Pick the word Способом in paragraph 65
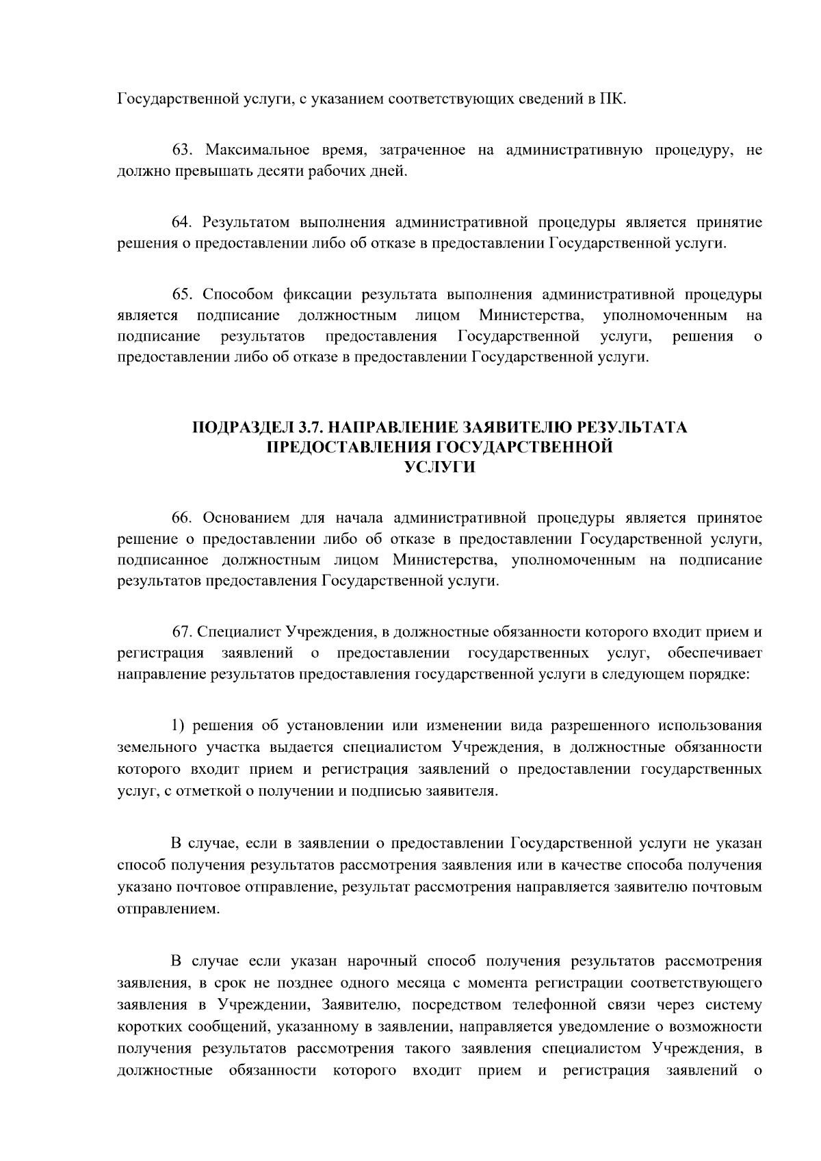236,295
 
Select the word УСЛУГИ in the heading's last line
439,467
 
